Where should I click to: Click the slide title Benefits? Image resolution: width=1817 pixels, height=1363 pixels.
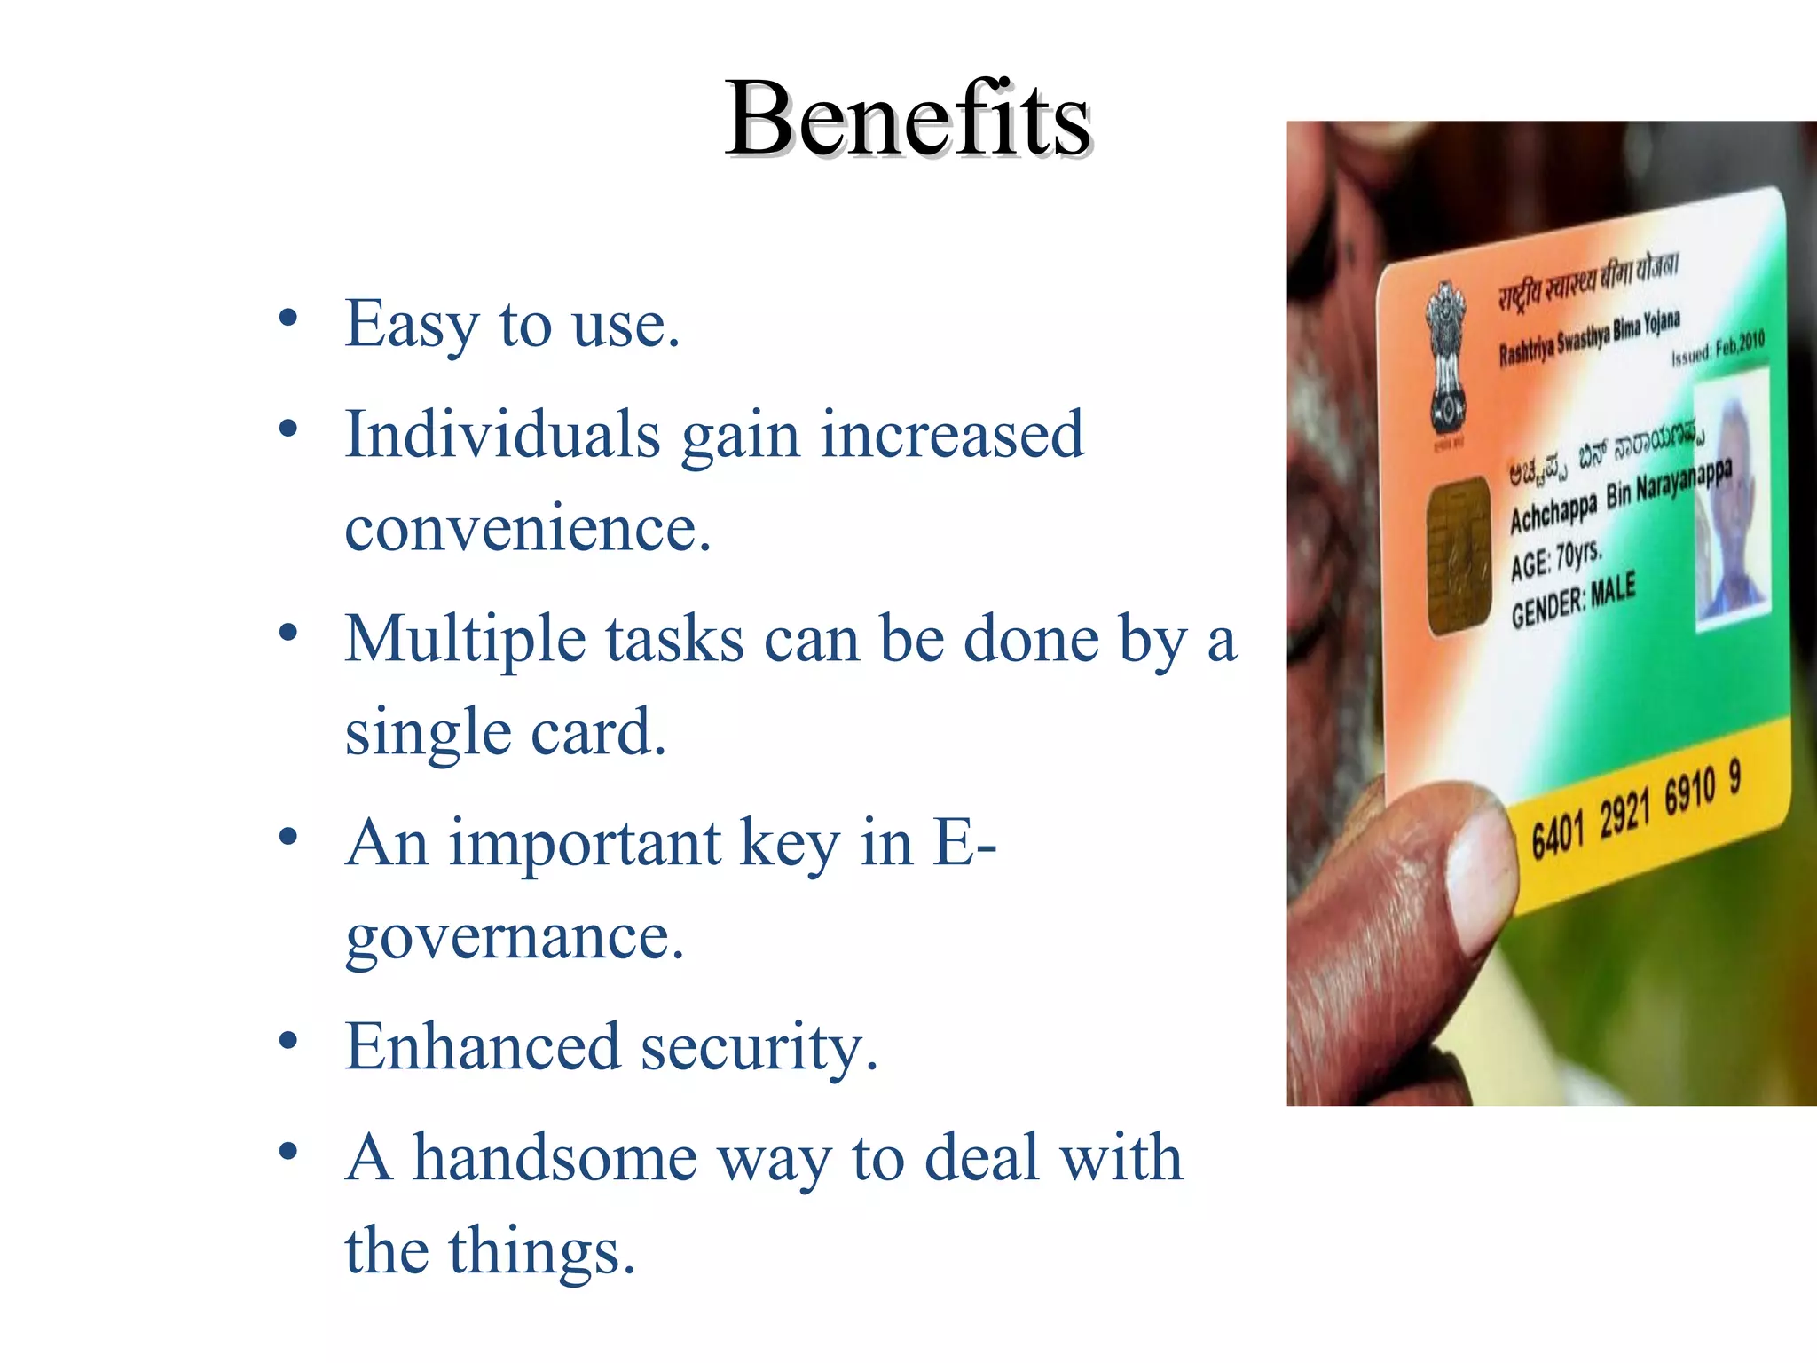907,120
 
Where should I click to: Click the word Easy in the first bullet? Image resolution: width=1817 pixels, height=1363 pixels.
411,325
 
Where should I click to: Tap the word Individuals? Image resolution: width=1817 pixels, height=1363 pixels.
502,435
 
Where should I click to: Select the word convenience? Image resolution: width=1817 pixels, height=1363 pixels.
527,529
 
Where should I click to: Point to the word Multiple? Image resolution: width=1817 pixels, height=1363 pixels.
465,640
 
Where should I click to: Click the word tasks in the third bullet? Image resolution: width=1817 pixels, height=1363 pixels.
674,640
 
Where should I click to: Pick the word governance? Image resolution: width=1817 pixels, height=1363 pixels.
514,937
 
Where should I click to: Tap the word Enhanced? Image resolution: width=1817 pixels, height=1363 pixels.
482,1047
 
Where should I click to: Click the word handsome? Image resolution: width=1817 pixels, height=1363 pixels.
555,1158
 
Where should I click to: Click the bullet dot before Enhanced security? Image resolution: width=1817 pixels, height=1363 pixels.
287,1040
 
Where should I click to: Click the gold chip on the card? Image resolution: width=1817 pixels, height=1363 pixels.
1458,555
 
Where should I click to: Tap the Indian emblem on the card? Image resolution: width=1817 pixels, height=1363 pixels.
1447,364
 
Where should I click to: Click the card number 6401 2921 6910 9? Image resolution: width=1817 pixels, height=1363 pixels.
1635,809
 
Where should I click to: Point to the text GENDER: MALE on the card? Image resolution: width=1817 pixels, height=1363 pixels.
1573,600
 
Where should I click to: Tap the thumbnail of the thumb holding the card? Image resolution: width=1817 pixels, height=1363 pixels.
1480,878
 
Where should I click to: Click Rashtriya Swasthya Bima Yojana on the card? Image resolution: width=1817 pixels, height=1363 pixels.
1589,338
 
